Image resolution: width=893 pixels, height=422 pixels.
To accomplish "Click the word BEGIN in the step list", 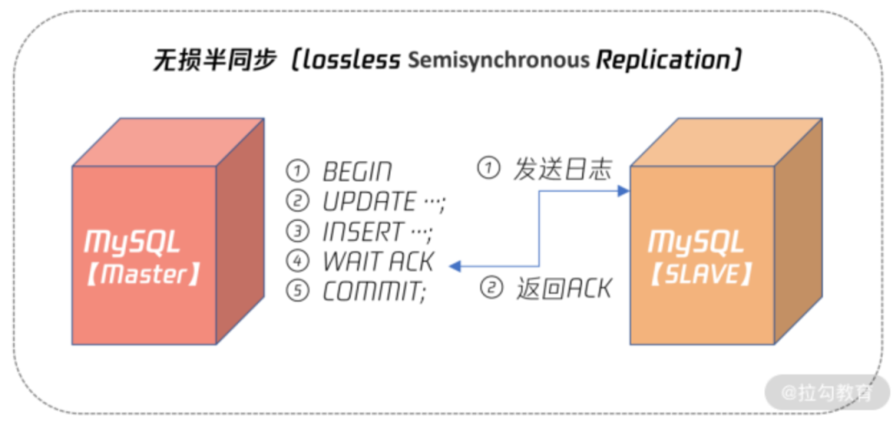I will [x=357, y=172].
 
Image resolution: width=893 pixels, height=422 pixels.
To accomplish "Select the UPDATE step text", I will [x=369, y=202].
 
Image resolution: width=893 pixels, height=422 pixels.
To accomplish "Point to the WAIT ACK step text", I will [x=378, y=262].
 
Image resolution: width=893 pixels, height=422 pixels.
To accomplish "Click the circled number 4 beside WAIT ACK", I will [x=297, y=262].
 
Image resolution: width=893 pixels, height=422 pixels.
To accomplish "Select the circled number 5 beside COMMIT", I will [x=297, y=292].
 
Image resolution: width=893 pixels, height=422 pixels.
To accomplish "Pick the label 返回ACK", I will [x=564, y=289].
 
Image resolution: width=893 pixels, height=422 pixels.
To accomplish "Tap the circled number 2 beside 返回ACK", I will [x=492, y=289].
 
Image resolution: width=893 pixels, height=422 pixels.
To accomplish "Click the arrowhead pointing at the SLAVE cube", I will [x=624, y=191].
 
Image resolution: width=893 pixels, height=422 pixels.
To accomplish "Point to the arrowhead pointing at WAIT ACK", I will [x=455, y=266].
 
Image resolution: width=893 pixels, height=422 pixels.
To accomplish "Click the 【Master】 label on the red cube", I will [x=144, y=274].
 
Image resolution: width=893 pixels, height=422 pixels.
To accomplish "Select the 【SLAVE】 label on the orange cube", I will [x=701, y=274].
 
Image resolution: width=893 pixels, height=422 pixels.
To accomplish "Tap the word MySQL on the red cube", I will [x=132, y=242].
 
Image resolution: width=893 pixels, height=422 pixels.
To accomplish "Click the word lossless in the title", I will [x=351, y=60].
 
